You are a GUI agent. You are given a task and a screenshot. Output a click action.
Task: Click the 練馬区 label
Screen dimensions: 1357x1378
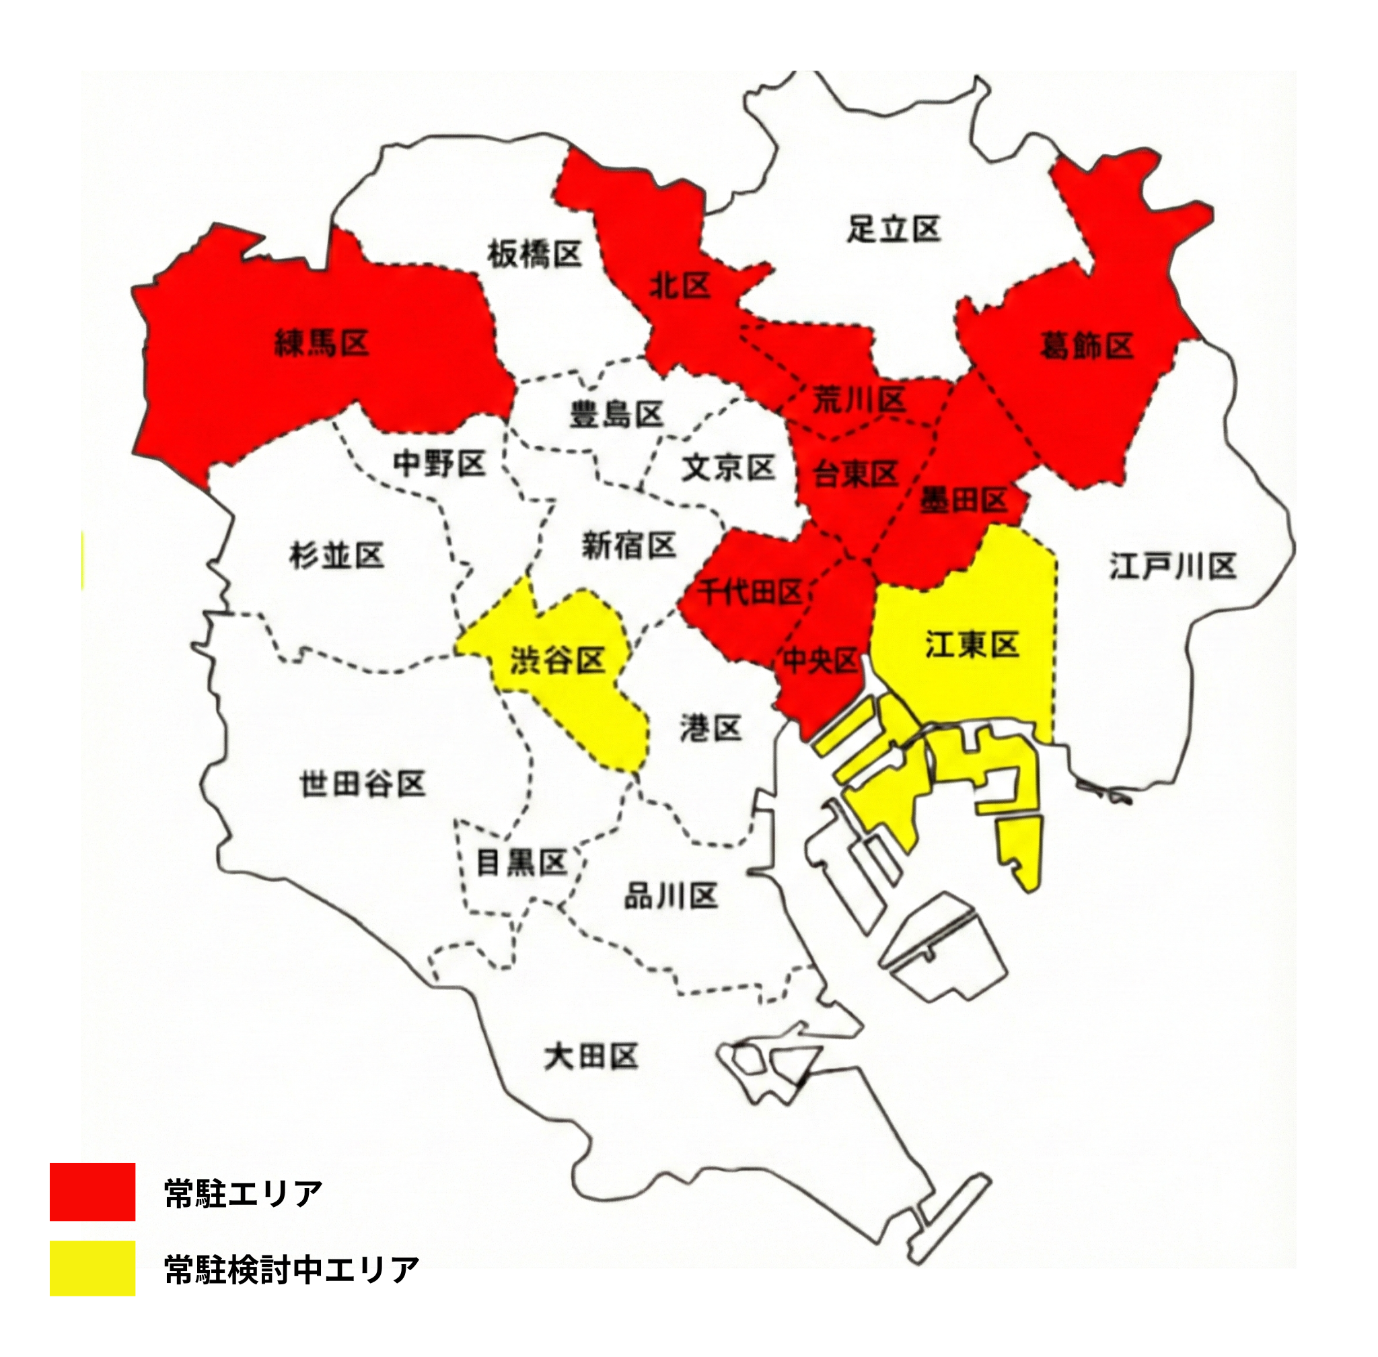click(x=322, y=343)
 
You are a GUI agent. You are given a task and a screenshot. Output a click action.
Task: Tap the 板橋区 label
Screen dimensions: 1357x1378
click(x=534, y=254)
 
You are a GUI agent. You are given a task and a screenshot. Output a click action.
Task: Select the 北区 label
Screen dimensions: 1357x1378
click(x=680, y=286)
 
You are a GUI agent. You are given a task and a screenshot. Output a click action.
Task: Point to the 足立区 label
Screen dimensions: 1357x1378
click(x=894, y=229)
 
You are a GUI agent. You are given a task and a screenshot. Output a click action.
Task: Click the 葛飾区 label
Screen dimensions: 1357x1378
click(x=1086, y=346)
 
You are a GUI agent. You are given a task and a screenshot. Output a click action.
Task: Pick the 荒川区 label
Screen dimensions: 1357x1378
click(x=859, y=401)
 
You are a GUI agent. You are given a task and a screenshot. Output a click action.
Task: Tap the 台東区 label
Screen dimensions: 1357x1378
click(x=856, y=473)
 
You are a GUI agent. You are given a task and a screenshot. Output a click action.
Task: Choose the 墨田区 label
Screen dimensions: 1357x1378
click(x=964, y=500)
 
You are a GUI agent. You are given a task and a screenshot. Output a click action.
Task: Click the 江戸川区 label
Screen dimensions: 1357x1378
click(x=1172, y=567)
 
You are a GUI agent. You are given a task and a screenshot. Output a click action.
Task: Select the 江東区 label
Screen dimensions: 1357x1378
click(x=972, y=644)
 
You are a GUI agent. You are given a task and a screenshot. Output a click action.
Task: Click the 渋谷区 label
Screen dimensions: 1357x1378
click(x=557, y=661)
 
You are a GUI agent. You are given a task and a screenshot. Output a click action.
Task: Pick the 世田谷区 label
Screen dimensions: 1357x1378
click(x=363, y=784)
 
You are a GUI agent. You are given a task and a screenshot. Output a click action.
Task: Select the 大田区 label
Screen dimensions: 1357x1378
click(x=591, y=1056)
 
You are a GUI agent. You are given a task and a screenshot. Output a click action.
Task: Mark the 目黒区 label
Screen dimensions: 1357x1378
click(x=521, y=862)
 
